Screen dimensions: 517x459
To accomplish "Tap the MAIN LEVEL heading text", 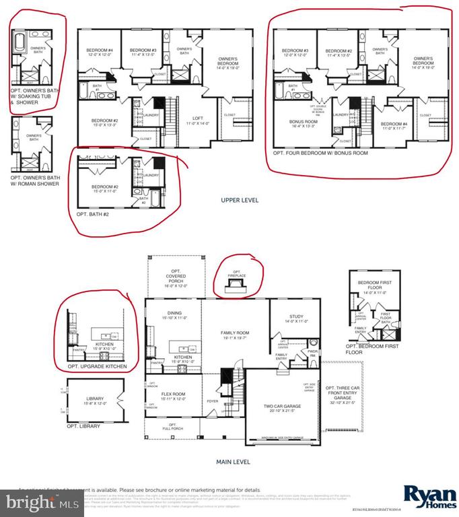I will click(x=232, y=462).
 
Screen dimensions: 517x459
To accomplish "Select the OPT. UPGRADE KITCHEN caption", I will click(x=98, y=366).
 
